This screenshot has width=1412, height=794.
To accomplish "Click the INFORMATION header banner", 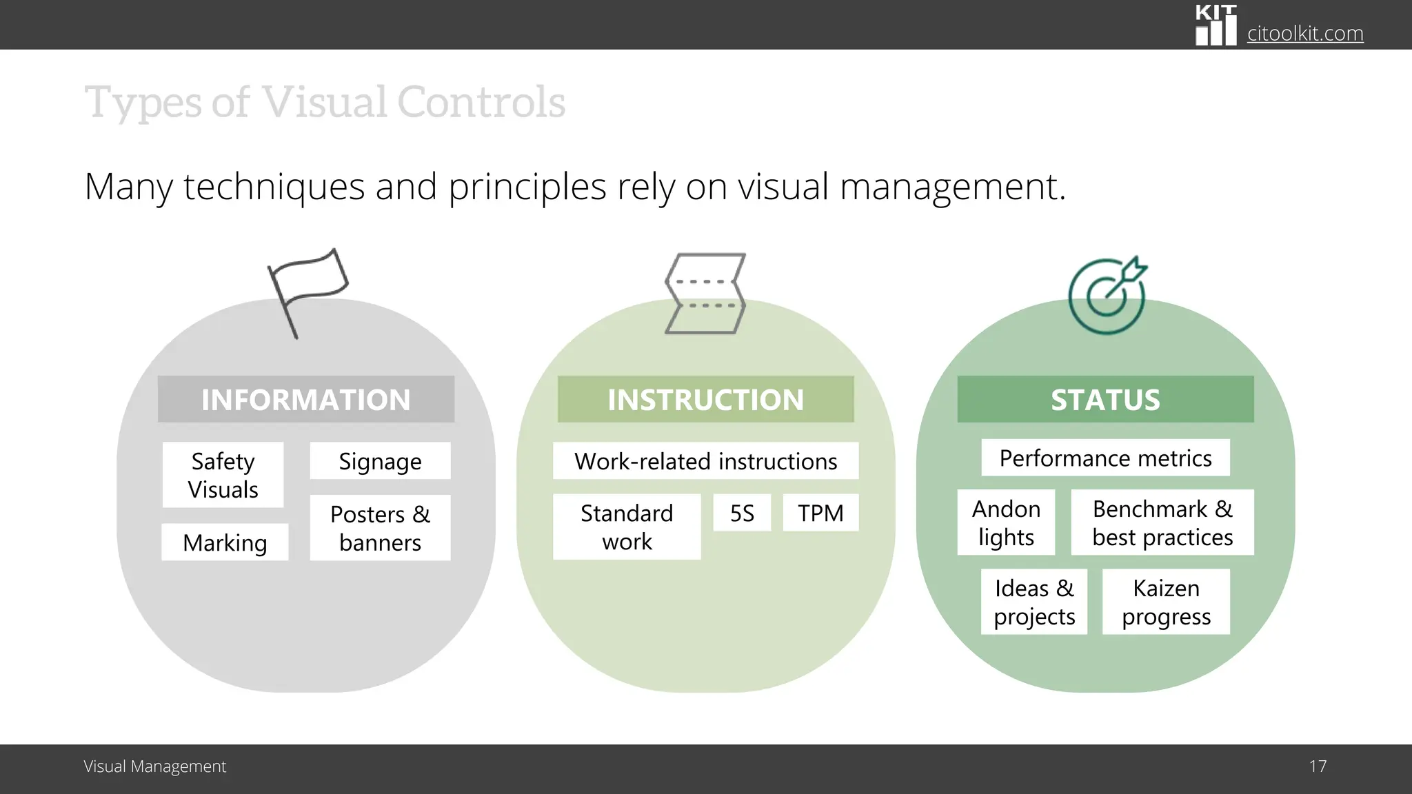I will [305, 399].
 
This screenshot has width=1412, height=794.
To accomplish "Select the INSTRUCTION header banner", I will [705, 399].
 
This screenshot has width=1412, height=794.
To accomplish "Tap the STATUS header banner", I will [1105, 399].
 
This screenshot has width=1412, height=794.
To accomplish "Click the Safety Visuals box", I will [223, 475].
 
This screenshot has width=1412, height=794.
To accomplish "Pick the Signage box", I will [380, 461].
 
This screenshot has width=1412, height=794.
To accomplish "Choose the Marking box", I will [225, 542].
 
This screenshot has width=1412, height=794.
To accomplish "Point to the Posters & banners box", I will [380, 528].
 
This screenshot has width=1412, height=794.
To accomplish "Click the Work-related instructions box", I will [705, 460].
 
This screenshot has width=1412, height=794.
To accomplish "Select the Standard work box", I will [627, 527].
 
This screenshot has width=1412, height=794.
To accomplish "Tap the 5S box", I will [742, 513].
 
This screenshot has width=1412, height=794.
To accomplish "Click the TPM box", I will [820, 513].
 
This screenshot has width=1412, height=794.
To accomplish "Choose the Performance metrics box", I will [1105, 458].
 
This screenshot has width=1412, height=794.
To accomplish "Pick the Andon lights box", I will [1006, 522].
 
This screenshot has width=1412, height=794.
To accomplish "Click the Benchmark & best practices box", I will [1162, 522].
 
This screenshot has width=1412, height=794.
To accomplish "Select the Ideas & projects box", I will [1034, 602].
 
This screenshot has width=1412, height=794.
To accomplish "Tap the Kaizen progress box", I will [1166, 602].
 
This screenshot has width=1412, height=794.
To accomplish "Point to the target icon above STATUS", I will [1107, 296].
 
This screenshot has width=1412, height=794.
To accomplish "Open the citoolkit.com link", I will [1304, 33].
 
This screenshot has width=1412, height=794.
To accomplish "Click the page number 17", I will [1318, 766].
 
